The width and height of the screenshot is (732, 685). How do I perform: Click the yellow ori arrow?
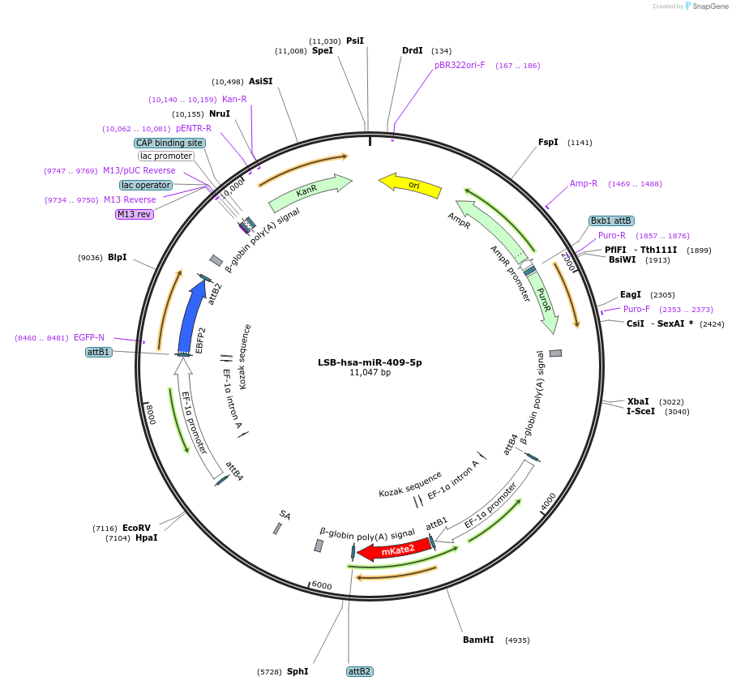click(410, 186)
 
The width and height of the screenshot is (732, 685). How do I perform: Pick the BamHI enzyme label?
click(478, 640)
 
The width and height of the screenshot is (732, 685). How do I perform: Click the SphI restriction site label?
click(298, 671)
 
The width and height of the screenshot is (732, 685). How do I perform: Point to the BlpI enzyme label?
click(118, 257)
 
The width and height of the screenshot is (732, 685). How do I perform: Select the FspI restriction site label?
click(548, 142)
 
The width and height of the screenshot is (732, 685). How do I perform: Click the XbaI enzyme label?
click(638, 401)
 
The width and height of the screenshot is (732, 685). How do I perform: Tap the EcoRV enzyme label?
click(136, 528)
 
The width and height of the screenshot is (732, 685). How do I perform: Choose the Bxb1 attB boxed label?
click(611, 220)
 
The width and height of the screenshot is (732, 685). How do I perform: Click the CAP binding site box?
click(169, 143)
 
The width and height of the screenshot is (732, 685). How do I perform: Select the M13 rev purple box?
click(134, 214)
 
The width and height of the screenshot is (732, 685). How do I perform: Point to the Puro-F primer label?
click(636, 309)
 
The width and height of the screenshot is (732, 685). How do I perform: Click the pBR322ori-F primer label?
click(460, 65)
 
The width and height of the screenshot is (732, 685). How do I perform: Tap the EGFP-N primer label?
click(89, 337)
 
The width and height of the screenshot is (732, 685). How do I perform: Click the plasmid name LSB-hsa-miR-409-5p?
click(370, 362)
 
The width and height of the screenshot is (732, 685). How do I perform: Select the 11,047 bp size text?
click(370, 373)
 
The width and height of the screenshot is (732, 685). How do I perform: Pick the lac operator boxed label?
click(146, 185)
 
